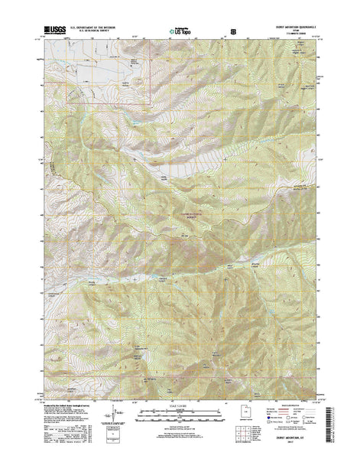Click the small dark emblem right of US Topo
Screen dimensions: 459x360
pyautogui.click(x=222, y=31)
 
